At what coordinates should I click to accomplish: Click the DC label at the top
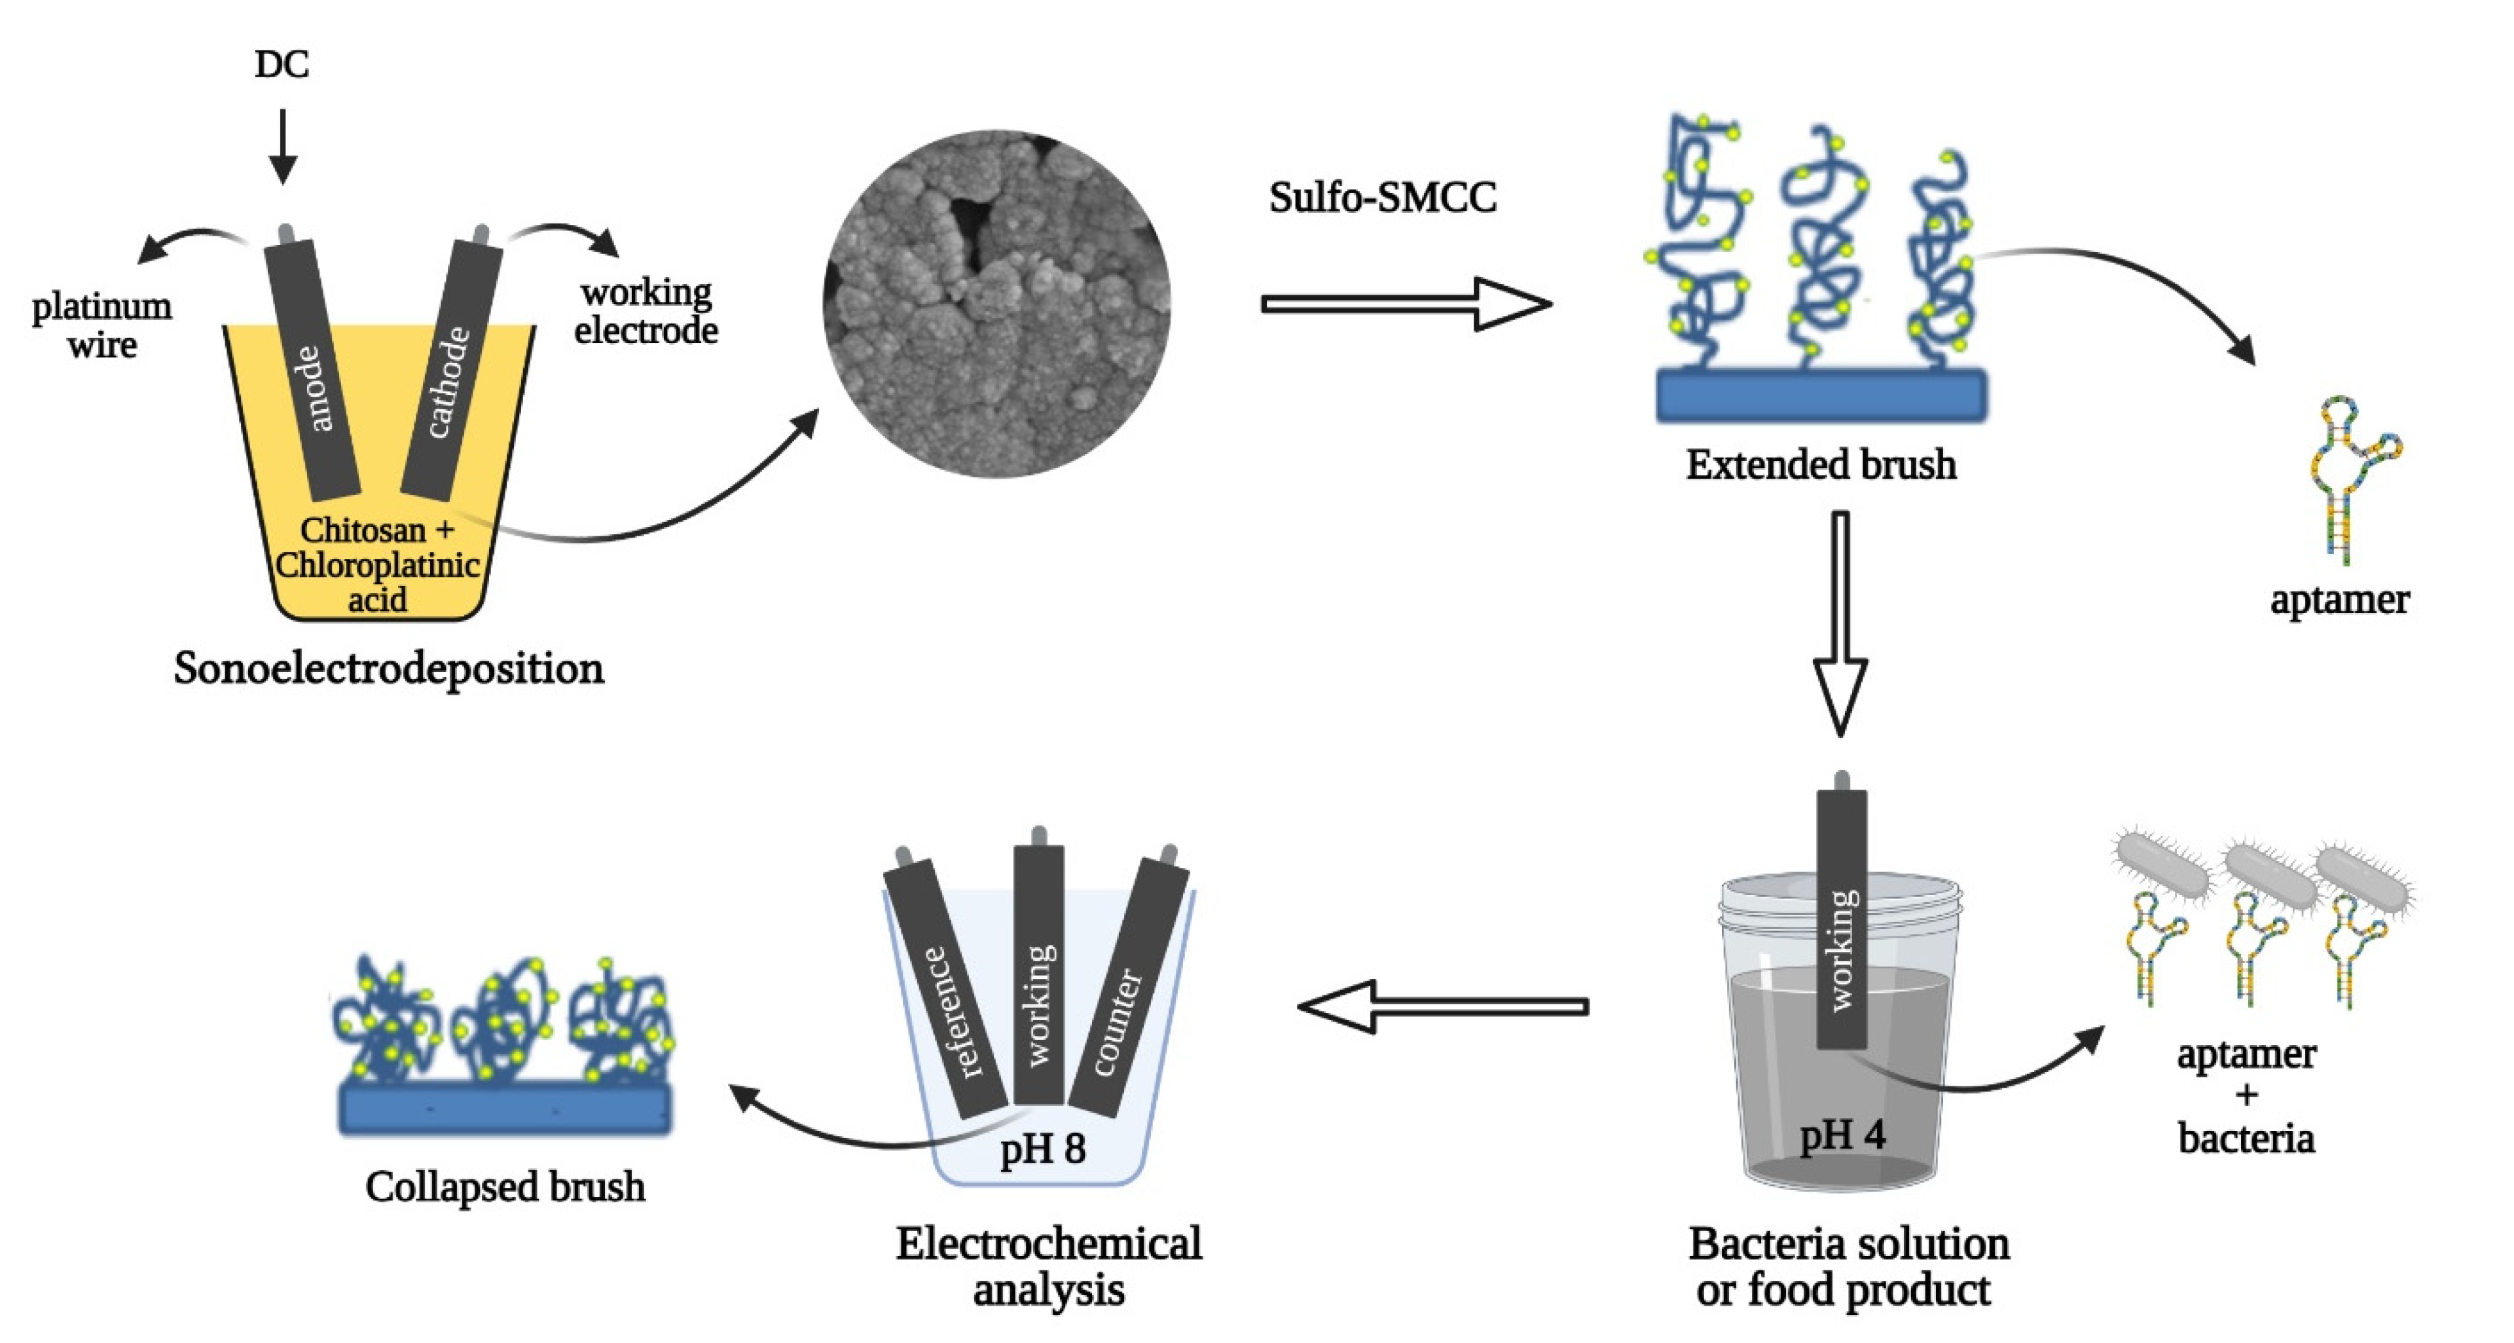282,64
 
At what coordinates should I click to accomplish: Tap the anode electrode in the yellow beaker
312,371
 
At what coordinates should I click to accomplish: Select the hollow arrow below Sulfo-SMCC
1406,304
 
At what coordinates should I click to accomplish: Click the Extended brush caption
1821,465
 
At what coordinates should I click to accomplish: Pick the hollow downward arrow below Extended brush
1840,625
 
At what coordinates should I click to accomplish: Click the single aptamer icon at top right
2352,478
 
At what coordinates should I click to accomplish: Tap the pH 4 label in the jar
1842,1135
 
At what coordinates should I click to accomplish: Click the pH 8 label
1042,1149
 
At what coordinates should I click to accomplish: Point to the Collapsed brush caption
505,1188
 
